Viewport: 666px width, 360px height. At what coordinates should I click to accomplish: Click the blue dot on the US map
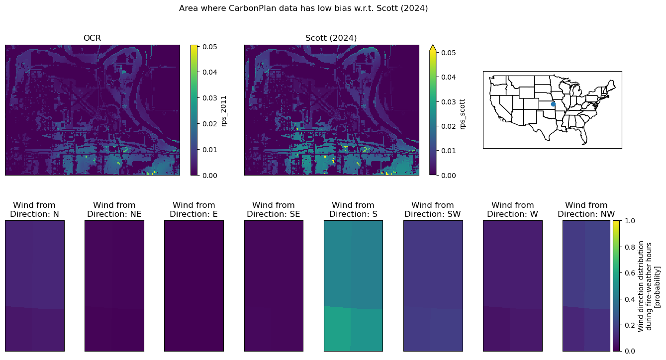pyautogui.click(x=553, y=104)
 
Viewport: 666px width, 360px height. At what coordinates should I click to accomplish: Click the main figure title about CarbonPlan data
pyautogui.click(x=303, y=8)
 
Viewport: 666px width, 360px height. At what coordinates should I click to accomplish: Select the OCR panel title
pyautogui.click(x=92, y=38)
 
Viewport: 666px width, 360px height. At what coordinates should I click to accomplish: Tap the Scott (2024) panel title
pyautogui.click(x=331, y=38)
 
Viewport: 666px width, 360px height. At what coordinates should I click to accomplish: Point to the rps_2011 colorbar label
pyautogui.click(x=224, y=111)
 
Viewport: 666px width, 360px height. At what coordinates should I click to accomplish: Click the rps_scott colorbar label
pyautogui.click(x=463, y=114)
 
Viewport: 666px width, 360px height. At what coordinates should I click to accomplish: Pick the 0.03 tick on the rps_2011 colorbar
pyautogui.click(x=209, y=98)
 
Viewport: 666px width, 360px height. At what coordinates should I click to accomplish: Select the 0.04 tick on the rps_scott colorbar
pyautogui.click(x=448, y=77)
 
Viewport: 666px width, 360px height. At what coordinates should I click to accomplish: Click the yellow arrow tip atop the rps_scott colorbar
pyautogui.click(x=433, y=45)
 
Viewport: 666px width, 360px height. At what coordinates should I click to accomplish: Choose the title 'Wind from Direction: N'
pyautogui.click(x=34, y=209)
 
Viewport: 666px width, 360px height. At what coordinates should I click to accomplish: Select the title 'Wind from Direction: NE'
pyautogui.click(x=114, y=209)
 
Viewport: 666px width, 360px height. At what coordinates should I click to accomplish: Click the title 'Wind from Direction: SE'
pyautogui.click(x=274, y=209)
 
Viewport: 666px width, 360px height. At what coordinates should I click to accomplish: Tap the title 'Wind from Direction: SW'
pyautogui.click(x=433, y=209)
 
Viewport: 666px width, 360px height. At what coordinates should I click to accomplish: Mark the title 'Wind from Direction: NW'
pyautogui.click(x=586, y=209)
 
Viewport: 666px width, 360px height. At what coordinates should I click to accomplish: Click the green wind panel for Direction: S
pyautogui.click(x=353, y=286)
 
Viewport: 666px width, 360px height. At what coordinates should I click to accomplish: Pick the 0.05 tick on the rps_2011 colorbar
pyautogui.click(x=209, y=47)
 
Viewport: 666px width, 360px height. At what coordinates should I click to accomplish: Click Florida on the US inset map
pyautogui.click(x=583, y=137)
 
